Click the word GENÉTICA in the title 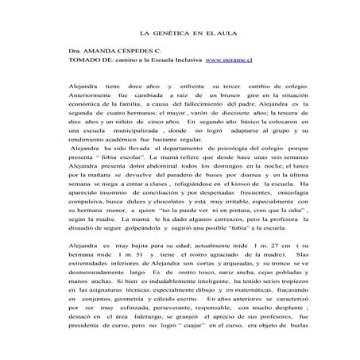point(170,37)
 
